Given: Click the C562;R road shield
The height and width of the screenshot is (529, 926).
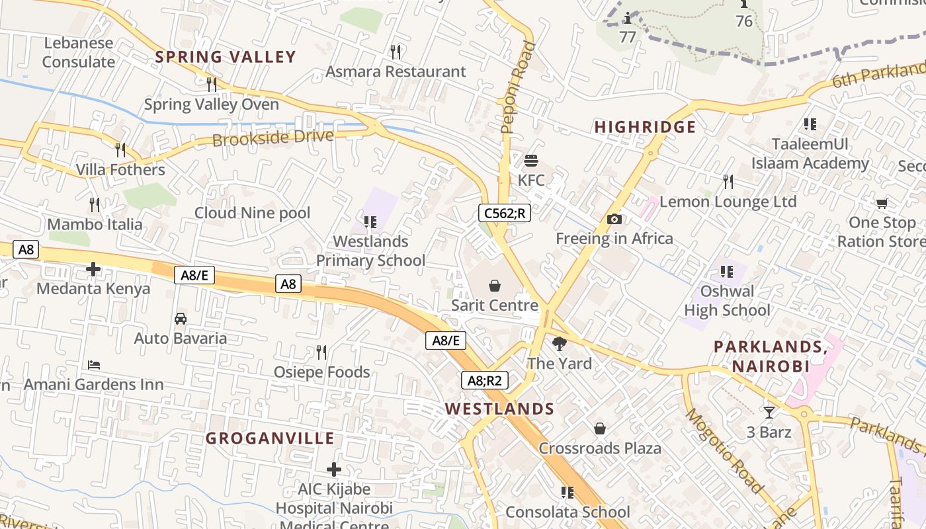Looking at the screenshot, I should point(505,213).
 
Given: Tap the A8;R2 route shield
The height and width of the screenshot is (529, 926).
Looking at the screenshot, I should point(485,380).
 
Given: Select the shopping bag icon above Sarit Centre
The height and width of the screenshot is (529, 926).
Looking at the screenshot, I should point(494,286).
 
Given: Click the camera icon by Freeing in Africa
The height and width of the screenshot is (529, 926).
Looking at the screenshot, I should point(614,219).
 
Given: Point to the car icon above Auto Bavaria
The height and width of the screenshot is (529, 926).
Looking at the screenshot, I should point(181,319).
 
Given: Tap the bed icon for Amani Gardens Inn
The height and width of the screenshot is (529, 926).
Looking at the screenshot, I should point(94,365).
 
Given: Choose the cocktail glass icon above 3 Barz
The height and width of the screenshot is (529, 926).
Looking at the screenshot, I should point(769,413).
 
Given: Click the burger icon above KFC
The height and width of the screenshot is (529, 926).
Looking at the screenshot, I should point(531,161).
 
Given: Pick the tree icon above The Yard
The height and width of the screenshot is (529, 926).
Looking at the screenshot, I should point(559,344).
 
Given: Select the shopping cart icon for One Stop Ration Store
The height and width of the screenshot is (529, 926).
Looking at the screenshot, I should point(882,203).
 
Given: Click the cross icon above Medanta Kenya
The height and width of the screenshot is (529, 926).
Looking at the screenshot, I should point(93,269).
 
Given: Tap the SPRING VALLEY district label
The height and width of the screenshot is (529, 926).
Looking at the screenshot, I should point(226,57).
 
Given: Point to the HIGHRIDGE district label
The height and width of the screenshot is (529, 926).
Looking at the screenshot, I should point(645,127).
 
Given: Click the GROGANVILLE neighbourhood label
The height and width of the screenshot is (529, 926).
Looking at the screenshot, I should point(270,438).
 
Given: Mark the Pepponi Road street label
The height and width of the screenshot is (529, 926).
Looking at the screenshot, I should point(518,87).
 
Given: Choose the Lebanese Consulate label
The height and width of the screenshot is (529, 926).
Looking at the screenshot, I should point(79,52).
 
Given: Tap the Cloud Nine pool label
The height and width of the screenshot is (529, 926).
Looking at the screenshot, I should point(252,213).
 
